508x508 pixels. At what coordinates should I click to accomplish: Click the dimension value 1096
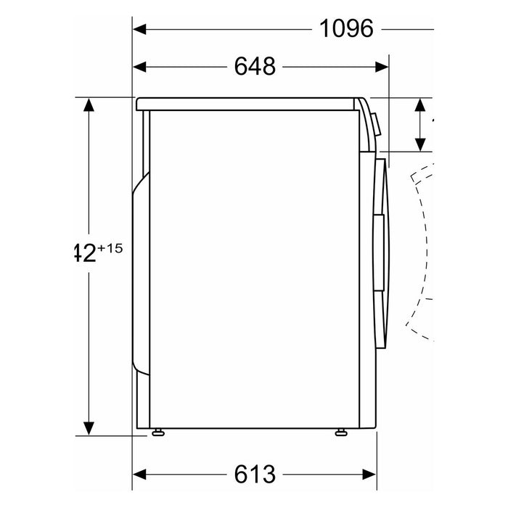pos(346,28)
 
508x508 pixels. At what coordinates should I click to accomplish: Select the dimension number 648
pos(255,66)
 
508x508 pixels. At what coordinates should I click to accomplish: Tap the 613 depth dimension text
pos(255,475)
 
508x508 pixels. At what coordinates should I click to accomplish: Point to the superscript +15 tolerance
pos(110,248)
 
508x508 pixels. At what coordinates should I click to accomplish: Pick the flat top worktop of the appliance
pos(250,102)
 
